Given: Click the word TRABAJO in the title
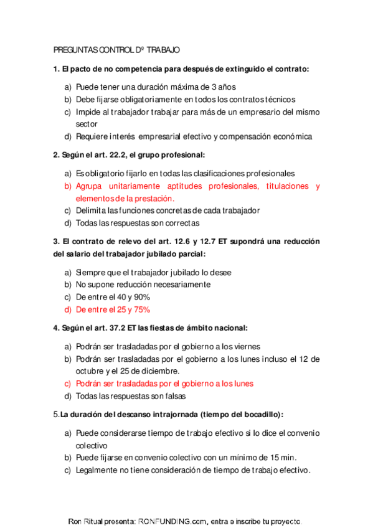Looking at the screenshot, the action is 164,50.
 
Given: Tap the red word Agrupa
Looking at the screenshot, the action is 90,186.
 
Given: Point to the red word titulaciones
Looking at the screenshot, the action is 282,186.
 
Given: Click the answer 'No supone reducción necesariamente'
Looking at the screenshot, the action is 143,285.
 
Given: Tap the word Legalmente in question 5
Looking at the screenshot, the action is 97,470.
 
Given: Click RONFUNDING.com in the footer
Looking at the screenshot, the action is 171,521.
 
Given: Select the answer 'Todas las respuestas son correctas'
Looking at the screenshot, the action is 137,223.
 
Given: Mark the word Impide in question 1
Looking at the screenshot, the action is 87,112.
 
